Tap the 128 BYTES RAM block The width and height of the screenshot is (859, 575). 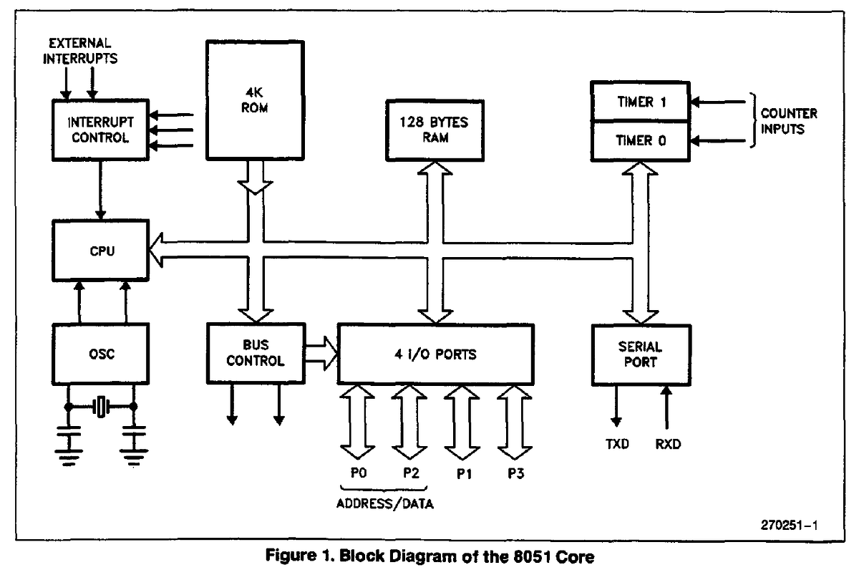click(x=435, y=130)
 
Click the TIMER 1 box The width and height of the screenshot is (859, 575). click(x=640, y=102)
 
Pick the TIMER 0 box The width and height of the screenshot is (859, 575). click(x=640, y=140)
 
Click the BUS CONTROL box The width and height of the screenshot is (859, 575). click(x=255, y=354)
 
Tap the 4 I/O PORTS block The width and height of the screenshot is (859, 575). click(x=435, y=354)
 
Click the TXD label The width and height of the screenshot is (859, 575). click(x=615, y=444)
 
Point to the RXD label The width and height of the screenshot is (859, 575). click(x=667, y=444)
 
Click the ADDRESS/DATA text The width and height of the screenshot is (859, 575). click(x=384, y=503)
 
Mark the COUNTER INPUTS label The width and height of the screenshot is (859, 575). click(x=788, y=121)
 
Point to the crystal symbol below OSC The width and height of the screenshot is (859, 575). click(x=100, y=407)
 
